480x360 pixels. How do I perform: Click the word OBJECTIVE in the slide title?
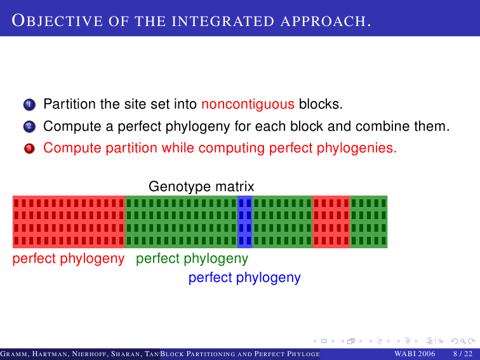(x=57, y=21)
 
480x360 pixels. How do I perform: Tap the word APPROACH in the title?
(x=326, y=21)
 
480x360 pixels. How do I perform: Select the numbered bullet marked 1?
(x=29, y=104)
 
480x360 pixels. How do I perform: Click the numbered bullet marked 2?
(x=29, y=126)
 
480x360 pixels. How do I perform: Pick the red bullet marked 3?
(x=29, y=149)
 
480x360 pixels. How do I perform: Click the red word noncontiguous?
(x=248, y=104)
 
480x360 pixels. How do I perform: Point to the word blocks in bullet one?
(x=321, y=103)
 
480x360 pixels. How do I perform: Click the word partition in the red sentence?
(x=131, y=149)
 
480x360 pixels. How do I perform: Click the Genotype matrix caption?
(x=201, y=186)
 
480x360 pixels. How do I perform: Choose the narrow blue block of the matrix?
(x=245, y=222)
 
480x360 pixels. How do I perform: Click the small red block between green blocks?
(x=331, y=222)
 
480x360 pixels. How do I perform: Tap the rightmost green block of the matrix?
(x=369, y=222)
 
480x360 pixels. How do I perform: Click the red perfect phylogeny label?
(x=69, y=259)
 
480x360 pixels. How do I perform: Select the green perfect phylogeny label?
(x=192, y=259)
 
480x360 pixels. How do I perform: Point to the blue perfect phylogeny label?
(x=244, y=278)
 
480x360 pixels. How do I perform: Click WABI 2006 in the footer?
(x=415, y=354)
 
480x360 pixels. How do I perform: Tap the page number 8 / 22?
(x=463, y=354)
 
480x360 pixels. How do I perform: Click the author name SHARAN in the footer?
(x=126, y=354)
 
